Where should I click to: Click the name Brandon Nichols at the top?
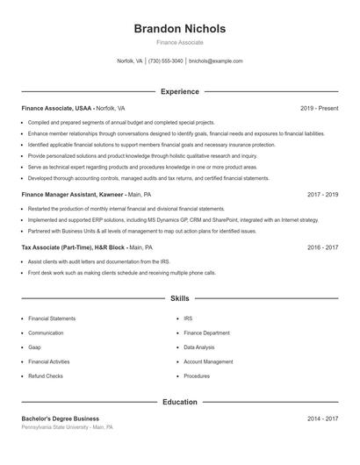click(179, 28)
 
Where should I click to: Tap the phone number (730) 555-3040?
click(166, 61)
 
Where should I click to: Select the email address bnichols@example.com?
click(215, 61)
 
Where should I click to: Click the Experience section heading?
click(179, 91)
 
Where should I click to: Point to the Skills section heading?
click(179, 298)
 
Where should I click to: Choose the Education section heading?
click(179, 402)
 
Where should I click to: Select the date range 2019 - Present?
click(319, 108)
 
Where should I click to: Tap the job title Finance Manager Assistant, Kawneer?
click(72, 193)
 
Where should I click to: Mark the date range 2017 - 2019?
click(322, 193)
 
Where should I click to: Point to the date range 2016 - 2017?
click(322, 248)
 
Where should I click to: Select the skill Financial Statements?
click(51, 318)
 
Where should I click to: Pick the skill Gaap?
click(34, 347)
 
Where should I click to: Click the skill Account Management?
click(208, 361)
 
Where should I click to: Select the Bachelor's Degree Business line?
click(61, 418)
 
